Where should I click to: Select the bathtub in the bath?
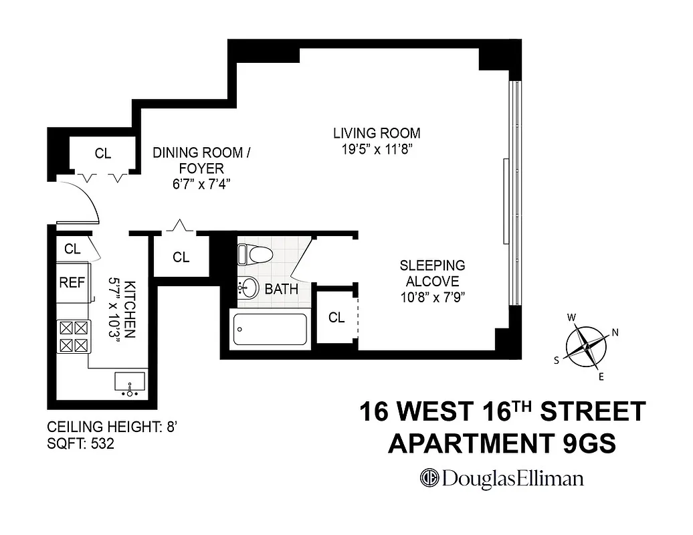click(270, 329)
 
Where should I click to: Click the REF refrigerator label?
click(72, 283)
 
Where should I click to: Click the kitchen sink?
click(128, 383)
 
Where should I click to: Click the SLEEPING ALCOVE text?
click(431, 274)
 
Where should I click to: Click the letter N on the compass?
click(615, 333)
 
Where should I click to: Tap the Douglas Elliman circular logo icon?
click(428, 478)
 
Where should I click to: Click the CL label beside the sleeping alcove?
click(336, 318)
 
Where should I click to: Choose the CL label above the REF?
click(72, 249)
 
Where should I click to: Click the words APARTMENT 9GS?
click(502, 443)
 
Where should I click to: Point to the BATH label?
click(281, 290)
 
